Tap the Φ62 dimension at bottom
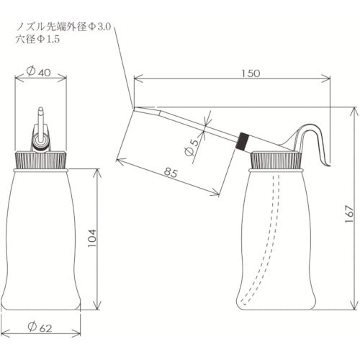click(x=41, y=329)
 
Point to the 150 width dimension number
click(x=248, y=73)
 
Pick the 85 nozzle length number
click(x=171, y=173)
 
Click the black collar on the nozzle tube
click(x=244, y=140)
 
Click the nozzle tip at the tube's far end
click(x=136, y=109)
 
